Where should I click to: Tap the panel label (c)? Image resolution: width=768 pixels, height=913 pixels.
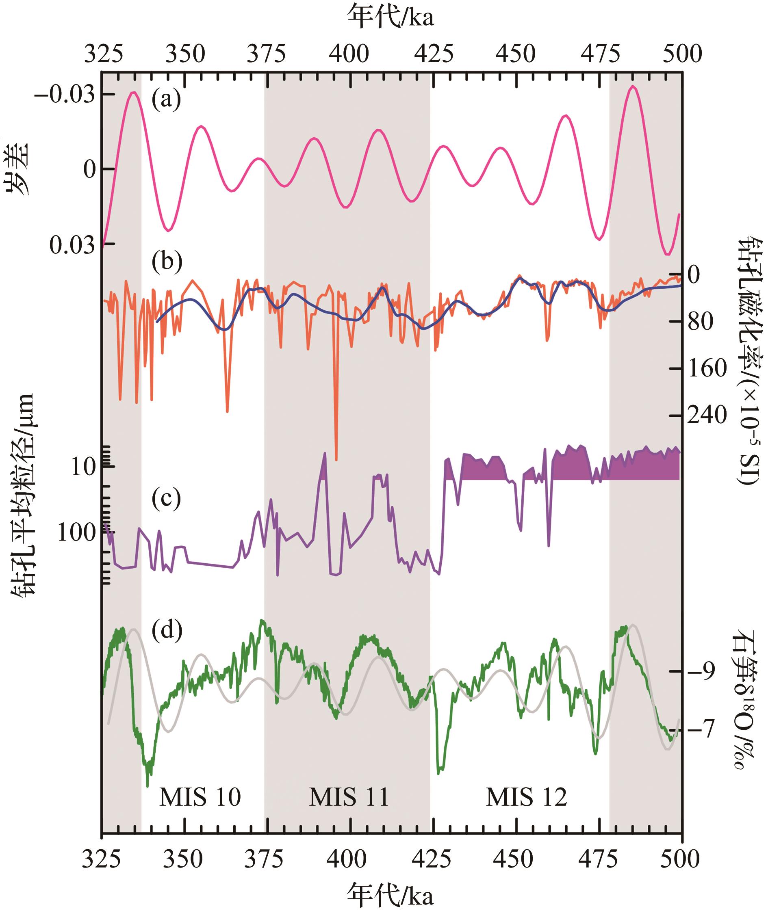(166, 499)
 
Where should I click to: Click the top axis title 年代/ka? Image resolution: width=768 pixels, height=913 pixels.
(391, 18)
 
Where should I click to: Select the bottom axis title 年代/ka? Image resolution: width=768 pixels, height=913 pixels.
(391, 895)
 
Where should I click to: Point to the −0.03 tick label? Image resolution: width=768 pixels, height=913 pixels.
(65, 95)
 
